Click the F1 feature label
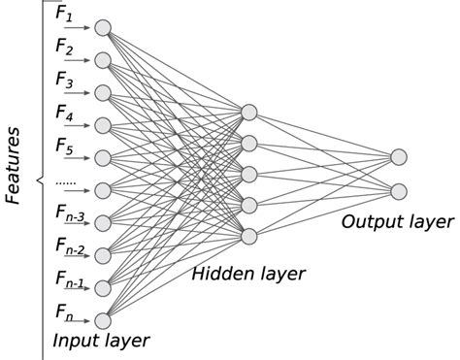click(x=64, y=16)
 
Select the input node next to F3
click(x=103, y=93)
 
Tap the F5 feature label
click(x=64, y=147)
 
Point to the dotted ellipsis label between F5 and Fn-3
click(x=67, y=182)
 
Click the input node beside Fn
click(x=103, y=320)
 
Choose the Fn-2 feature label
click(x=69, y=249)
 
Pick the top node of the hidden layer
click(x=249, y=112)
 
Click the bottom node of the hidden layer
click(x=249, y=235)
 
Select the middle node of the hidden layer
click(x=249, y=174)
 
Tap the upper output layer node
click(x=399, y=157)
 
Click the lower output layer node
click(x=399, y=190)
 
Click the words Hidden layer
click(x=248, y=274)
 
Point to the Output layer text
click(x=397, y=222)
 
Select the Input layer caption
click(x=101, y=341)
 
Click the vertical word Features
click(x=15, y=165)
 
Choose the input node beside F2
click(x=103, y=60)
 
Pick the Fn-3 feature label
click(x=69, y=215)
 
